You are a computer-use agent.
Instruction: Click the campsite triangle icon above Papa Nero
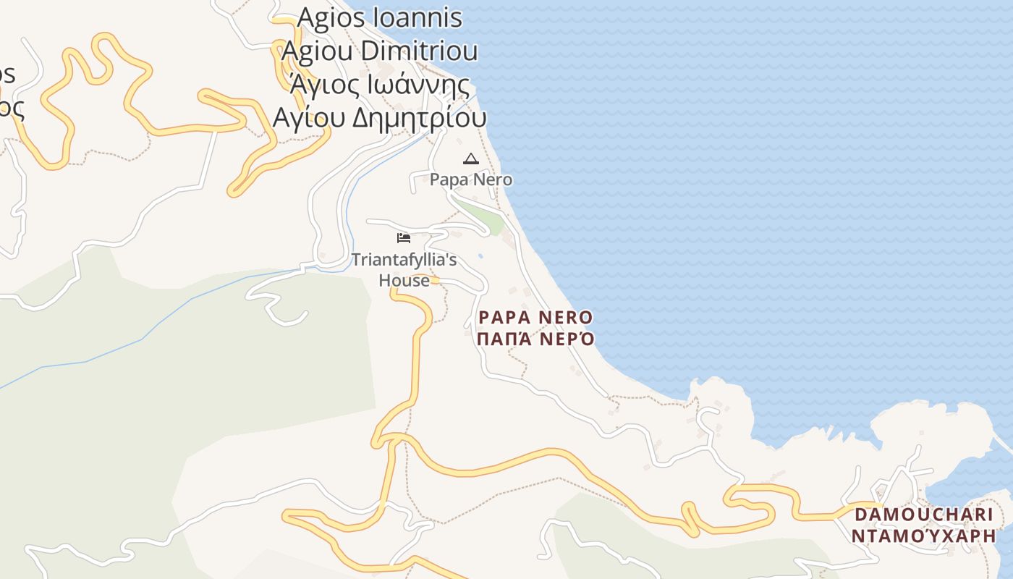click(x=471, y=159)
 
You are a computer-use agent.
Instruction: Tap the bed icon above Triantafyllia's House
click(x=404, y=237)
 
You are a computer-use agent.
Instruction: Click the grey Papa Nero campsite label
click(x=471, y=179)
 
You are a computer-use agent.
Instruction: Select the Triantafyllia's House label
click(x=404, y=269)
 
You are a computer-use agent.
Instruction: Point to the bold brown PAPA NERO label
click(x=535, y=317)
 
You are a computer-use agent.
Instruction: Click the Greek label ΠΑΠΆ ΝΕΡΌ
click(x=535, y=339)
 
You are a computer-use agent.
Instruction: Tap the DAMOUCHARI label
click(x=924, y=515)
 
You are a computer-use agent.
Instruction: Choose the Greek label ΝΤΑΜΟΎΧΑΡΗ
click(x=924, y=536)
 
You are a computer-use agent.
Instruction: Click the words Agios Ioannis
click(x=379, y=18)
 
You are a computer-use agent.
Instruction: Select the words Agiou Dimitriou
click(x=379, y=51)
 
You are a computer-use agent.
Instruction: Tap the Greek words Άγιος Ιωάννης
click(x=379, y=85)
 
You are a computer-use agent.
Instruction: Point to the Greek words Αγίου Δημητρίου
click(x=379, y=117)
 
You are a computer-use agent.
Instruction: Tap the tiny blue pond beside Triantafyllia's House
click(x=480, y=255)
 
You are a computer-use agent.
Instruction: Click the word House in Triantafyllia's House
click(x=404, y=280)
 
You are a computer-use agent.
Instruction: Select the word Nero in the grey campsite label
click(x=493, y=179)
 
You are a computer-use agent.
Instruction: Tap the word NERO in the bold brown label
click(x=565, y=317)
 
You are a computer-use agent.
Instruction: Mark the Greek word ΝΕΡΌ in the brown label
click(x=567, y=339)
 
